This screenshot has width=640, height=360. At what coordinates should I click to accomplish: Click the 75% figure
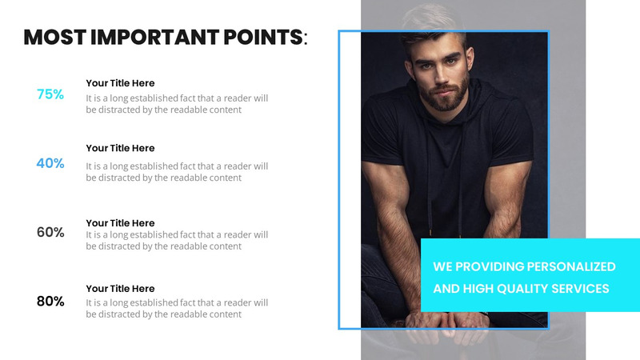click(x=50, y=94)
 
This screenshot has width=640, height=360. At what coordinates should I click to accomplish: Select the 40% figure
click(x=50, y=163)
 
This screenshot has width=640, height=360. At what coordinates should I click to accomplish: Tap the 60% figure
click(x=50, y=232)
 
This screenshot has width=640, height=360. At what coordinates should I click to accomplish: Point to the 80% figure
click(x=50, y=302)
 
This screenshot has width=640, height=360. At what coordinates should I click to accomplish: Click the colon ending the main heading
click(x=306, y=38)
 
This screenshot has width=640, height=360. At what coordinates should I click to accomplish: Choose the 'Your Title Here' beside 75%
click(x=120, y=83)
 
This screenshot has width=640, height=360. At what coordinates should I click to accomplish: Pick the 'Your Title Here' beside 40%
click(x=120, y=148)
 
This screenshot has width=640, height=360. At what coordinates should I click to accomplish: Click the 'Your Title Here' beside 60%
click(x=120, y=223)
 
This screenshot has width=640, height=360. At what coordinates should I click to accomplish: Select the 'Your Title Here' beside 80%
click(x=120, y=289)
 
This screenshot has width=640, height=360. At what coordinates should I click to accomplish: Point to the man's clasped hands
click(x=436, y=316)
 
